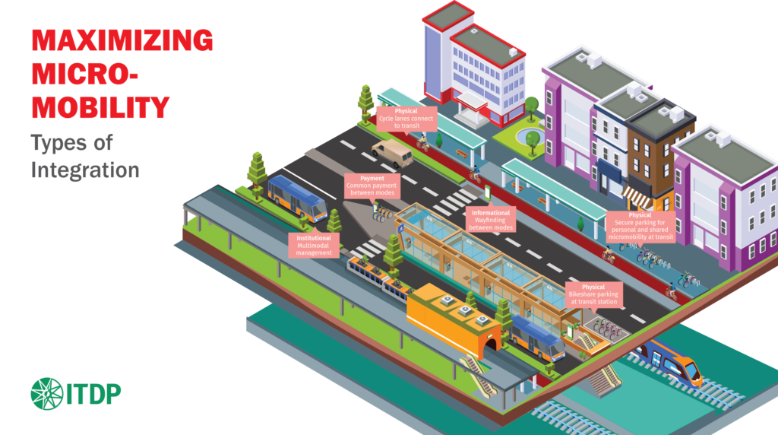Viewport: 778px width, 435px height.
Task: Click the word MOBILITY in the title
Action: click(100, 106)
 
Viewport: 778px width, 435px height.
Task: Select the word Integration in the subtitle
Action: click(84, 169)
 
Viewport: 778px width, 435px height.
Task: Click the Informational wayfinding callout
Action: click(490, 219)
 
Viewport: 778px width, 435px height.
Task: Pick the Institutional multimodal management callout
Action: click(314, 244)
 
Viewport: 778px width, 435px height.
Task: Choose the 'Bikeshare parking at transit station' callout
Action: click(593, 294)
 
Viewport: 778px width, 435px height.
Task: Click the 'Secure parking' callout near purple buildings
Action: click(640, 227)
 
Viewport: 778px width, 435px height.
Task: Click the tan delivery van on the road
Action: click(392, 152)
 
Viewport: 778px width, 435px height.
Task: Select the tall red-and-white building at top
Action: click(463, 65)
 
